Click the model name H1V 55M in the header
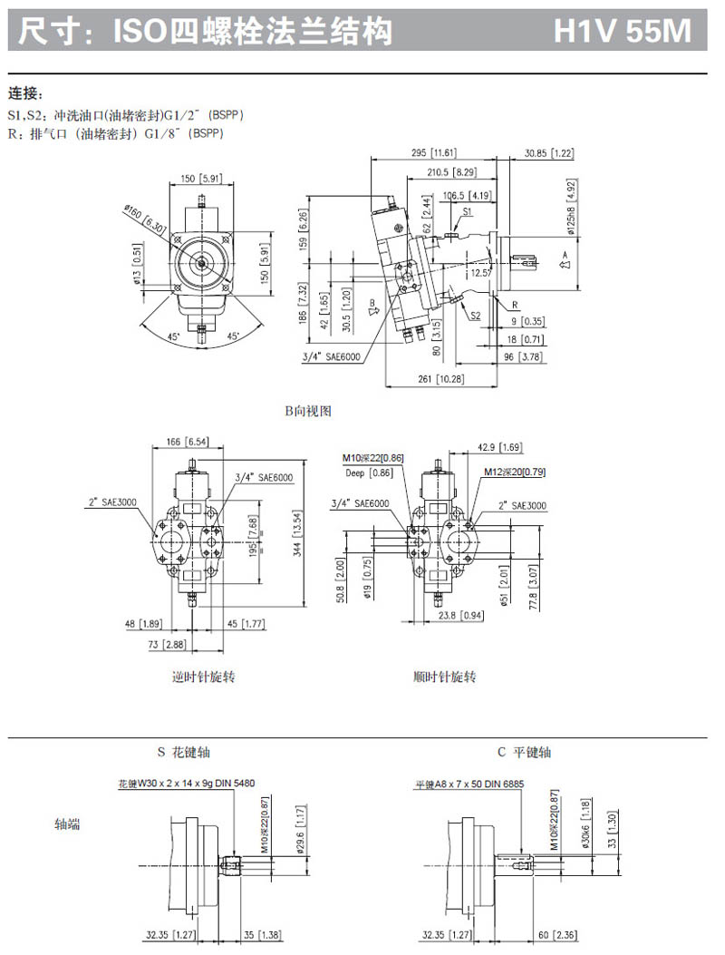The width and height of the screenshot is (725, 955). tap(623, 33)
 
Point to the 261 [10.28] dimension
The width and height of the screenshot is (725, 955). tap(437, 378)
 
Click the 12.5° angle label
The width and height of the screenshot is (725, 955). tap(478, 271)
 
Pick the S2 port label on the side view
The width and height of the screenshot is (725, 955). tap(475, 316)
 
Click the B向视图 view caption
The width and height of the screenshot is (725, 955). tap(309, 411)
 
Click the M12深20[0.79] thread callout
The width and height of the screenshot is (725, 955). tap(514, 472)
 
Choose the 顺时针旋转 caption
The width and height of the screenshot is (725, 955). tap(444, 677)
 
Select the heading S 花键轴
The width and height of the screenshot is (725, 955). tap(185, 752)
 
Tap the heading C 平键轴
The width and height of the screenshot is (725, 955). tap(524, 752)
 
